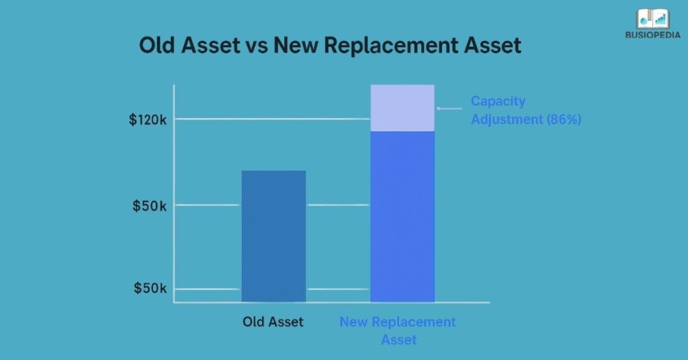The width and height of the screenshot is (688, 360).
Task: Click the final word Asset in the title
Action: click(488, 46)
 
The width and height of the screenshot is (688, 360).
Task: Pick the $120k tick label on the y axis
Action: click(148, 120)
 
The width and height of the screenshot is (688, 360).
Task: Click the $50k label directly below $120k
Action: click(149, 206)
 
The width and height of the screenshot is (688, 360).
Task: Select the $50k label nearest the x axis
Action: click(149, 289)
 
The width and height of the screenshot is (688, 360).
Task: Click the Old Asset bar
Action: click(273, 235)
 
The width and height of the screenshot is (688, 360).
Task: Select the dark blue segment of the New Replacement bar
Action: click(402, 215)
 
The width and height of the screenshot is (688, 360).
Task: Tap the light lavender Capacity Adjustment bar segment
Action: click(402, 107)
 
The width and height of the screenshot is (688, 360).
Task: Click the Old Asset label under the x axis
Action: click(273, 322)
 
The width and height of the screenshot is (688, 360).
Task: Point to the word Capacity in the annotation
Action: click(498, 101)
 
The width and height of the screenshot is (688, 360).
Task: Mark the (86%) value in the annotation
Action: click(564, 120)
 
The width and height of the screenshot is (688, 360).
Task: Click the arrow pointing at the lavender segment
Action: click(449, 108)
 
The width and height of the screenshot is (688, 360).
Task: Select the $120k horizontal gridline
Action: click(269, 120)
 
